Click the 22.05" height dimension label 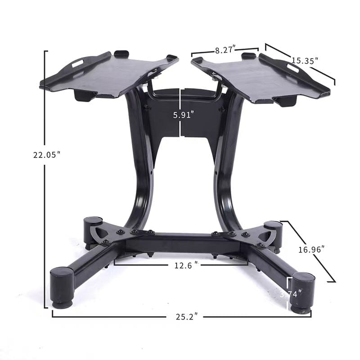pyautogui.click(x=46, y=155)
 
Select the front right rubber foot pyautogui.click(x=301, y=290)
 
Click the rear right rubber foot pyautogui.click(x=273, y=229)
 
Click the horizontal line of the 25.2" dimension pyautogui.click(x=112, y=316)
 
